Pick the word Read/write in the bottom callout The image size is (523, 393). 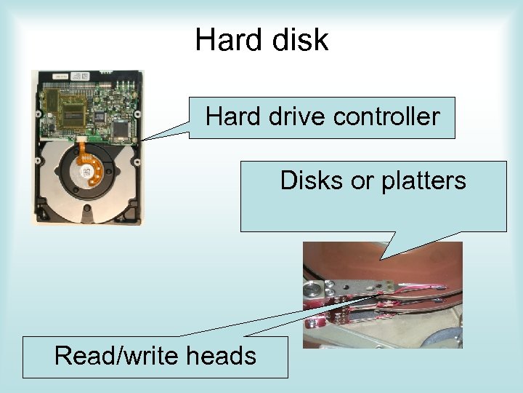point(119,355)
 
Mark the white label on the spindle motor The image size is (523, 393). point(87,174)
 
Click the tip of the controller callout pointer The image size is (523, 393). point(141,140)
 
